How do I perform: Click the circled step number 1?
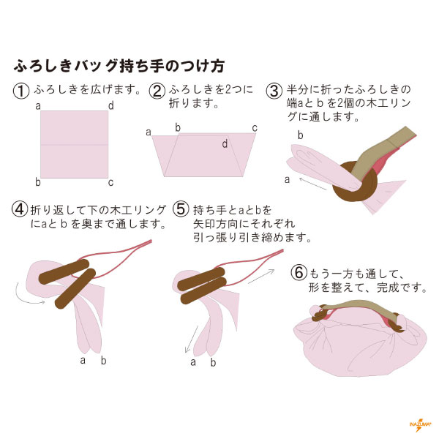(21, 91)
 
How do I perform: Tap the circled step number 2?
(157, 91)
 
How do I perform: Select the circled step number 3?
(274, 91)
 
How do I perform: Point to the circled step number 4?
(20, 209)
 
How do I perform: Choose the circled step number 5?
(181, 209)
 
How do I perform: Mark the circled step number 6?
(299, 272)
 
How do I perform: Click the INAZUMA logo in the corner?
(420, 425)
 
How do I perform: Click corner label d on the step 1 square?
(111, 106)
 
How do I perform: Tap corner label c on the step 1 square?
(111, 183)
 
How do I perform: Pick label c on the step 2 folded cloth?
(255, 128)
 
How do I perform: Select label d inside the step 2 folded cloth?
(225, 144)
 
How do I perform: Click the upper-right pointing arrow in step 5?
(261, 277)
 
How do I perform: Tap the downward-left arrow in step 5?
(191, 339)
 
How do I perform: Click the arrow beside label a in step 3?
(312, 184)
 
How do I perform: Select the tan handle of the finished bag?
(361, 308)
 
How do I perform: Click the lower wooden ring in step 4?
(75, 289)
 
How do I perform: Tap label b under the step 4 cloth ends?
(104, 361)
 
